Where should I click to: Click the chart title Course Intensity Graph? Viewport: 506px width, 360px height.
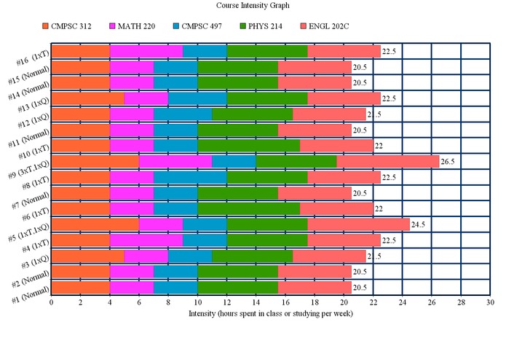coord(253,6)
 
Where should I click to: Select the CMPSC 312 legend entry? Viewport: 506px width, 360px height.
coord(71,26)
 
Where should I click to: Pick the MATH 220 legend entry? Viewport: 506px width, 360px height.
coord(136,26)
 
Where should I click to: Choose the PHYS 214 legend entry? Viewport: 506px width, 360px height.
coord(266,26)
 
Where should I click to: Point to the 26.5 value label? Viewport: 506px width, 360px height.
coord(449,161)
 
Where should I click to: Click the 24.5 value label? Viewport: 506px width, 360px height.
coord(420,224)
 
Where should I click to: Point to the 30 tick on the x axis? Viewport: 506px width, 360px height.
coord(490,302)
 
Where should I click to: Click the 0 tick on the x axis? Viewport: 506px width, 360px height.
coord(51,302)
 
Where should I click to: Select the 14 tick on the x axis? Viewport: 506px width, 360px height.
coord(256,302)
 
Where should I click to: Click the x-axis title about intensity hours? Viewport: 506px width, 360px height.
coord(270,313)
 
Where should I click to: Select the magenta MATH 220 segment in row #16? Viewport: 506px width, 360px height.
coord(146,51)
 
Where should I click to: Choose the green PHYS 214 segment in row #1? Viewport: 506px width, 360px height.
coord(237,287)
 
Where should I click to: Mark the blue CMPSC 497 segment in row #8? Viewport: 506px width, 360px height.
coord(190,177)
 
